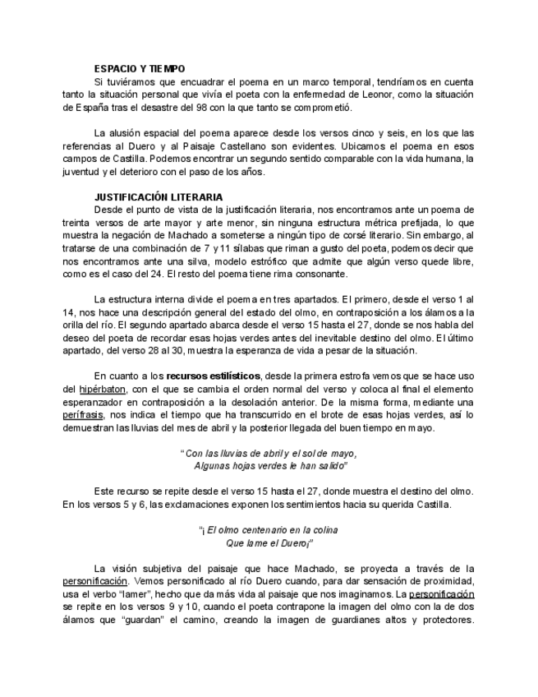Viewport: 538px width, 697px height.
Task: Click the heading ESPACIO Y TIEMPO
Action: click(x=140, y=68)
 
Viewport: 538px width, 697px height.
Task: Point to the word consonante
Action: click(x=305, y=274)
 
